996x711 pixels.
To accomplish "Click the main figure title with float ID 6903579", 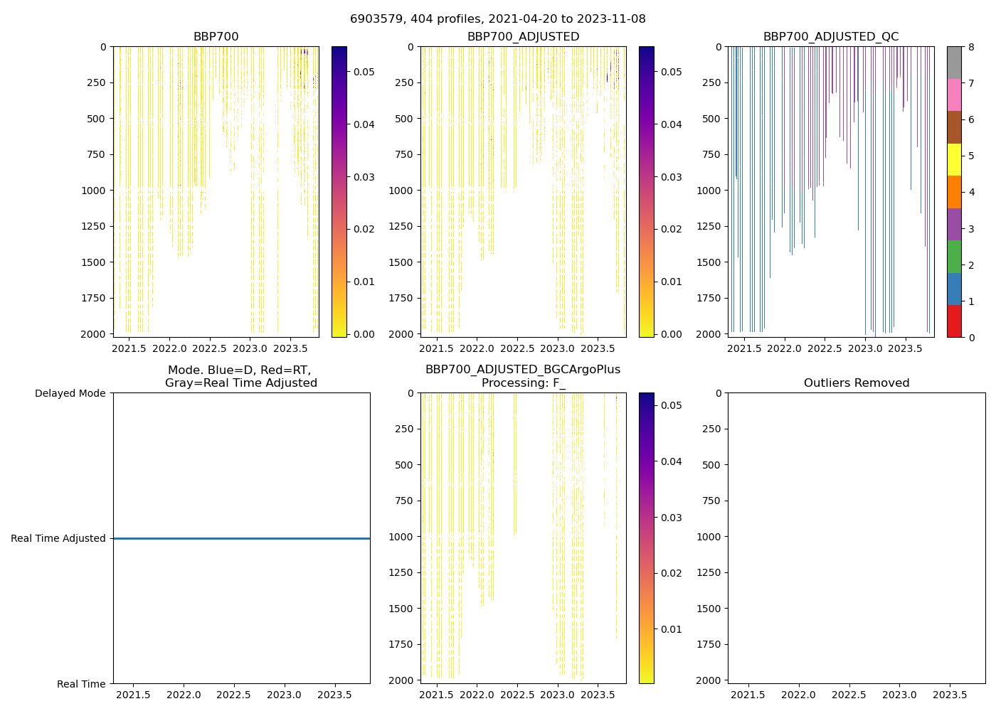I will [x=497, y=19].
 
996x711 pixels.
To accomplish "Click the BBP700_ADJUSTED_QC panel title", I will [x=830, y=37].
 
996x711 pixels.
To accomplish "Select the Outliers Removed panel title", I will [x=856, y=383].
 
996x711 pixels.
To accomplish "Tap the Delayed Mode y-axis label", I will [x=70, y=393].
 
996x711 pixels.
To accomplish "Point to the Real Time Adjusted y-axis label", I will [x=58, y=539].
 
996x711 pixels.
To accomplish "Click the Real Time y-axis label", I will [x=81, y=684].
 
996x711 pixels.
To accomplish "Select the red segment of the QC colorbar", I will [x=954, y=321].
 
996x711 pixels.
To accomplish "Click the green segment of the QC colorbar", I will [x=954, y=257].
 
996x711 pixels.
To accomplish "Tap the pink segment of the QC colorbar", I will [x=954, y=95].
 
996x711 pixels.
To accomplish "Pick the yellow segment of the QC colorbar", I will [x=954, y=159].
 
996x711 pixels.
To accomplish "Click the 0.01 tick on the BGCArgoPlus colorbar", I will [x=672, y=629].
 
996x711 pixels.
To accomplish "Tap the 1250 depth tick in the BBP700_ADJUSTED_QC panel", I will [x=709, y=226].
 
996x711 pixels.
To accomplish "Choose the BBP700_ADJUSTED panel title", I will [x=523, y=37].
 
